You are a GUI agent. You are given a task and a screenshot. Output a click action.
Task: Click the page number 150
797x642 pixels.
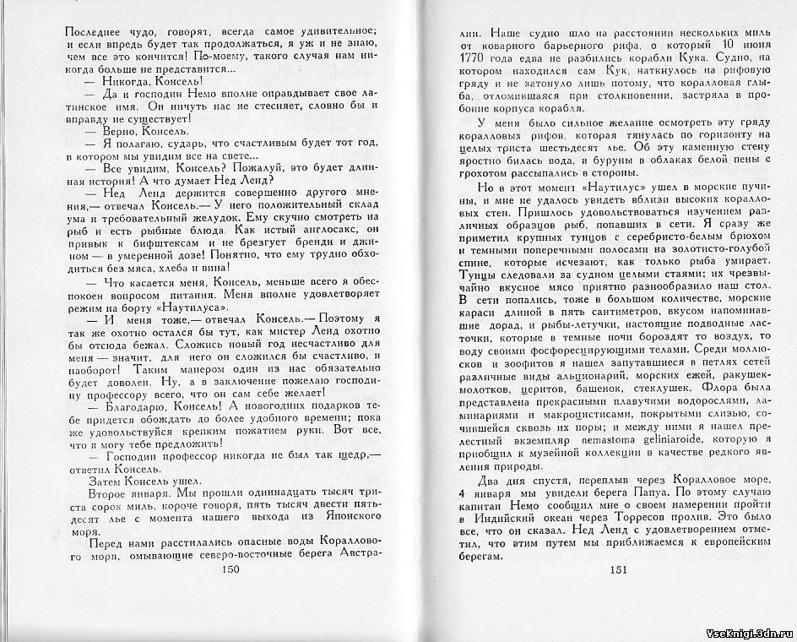tap(230, 570)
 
